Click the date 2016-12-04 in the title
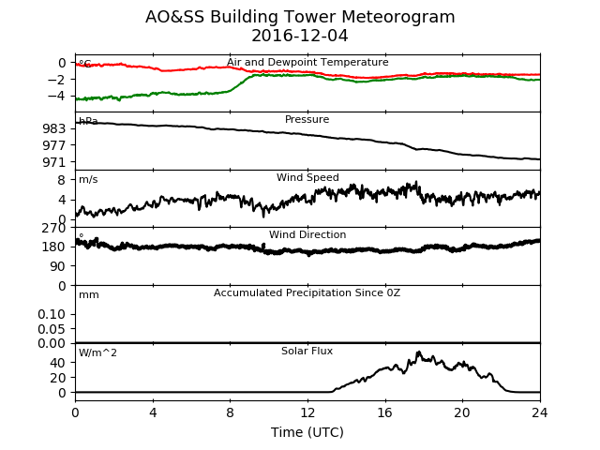[300, 36]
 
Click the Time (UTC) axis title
[307, 432]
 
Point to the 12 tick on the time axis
[307, 412]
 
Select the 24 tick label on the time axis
[540, 412]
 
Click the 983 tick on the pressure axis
[54, 129]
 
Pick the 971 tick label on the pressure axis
[54, 162]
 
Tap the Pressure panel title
[307, 119]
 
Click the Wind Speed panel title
[307, 177]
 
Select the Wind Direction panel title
[307, 234]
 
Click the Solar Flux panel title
[307, 351]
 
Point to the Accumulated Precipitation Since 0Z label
[307, 292]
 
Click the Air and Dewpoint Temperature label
[307, 63]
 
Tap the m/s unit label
[88, 179]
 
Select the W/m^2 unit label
[97, 352]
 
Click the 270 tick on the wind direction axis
[54, 229]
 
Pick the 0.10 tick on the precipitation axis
[52, 315]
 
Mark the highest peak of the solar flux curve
[419, 352]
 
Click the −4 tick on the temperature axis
[56, 96]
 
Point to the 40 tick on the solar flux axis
[58, 363]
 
